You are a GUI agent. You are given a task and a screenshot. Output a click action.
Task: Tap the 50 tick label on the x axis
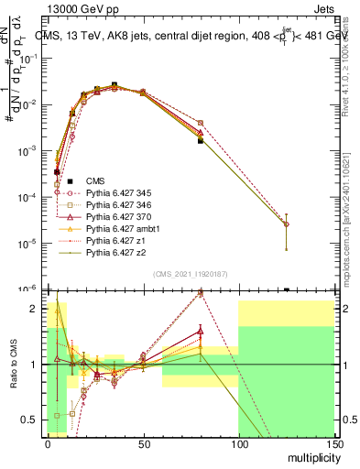(142, 442)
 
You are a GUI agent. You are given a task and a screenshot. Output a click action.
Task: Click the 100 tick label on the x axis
(238, 442)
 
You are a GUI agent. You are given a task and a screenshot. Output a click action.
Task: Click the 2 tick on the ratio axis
(37, 309)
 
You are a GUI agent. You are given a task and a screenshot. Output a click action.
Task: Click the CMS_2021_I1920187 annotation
(190, 274)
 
